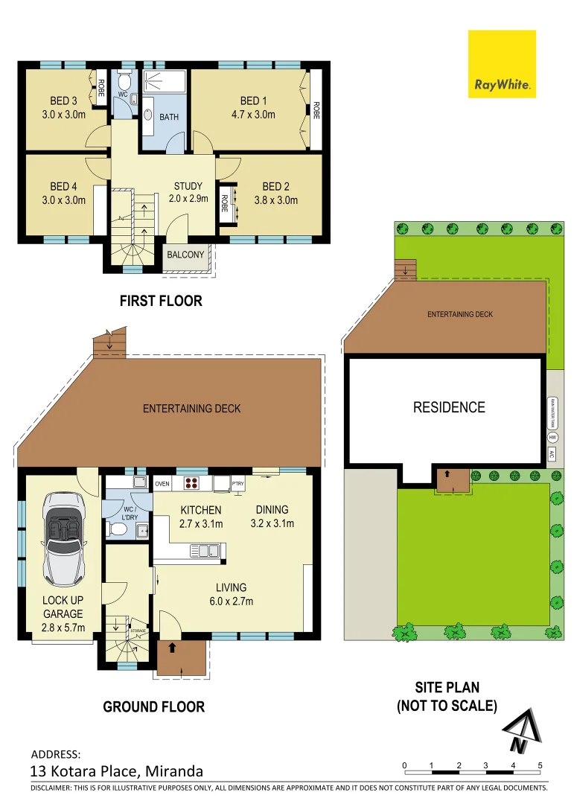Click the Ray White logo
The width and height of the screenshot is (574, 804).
pyautogui.click(x=502, y=64)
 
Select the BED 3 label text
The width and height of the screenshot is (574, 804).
pyautogui.click(x=63, y=108)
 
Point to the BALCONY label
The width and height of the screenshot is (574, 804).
pyautogui.click(x=185, y=255)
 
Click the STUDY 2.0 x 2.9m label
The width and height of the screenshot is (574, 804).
pyautogui.click(x=188, y=193)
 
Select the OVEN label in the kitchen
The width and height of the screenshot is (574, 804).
pyautogui.click(x=162, y=484)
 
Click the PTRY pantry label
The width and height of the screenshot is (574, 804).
pyautogui.click(x=237, y=484)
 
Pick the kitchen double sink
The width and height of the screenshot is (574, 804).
pyautogui.click(x=203, y=551)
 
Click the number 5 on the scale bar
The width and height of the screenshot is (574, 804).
pyautogui.click(x=540, y=765)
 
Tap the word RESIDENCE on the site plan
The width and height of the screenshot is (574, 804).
pyautogui.click(x=449, y=407)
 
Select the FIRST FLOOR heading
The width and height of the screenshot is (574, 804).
pyautogui.click(x=161, y=301)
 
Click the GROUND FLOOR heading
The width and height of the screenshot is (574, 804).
pyautogui.click(x=153, y=706)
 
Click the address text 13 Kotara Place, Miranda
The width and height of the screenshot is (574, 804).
pyautogui.click(x=116, y=771)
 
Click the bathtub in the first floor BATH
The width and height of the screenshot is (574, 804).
pyautogui.click(x=149, y=118)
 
